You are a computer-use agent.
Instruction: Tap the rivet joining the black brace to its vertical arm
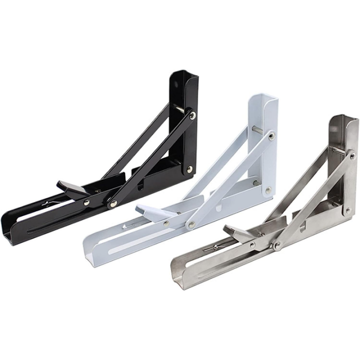coord(192,115)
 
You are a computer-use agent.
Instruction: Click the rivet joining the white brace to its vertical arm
coord(271,135)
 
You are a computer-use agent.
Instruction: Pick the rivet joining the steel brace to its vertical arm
coord(352,156)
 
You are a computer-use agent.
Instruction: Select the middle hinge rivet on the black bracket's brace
coord(114,202)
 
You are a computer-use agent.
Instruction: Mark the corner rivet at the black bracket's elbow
coord(189,170)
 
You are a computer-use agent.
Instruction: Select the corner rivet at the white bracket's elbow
coord(268,190)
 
